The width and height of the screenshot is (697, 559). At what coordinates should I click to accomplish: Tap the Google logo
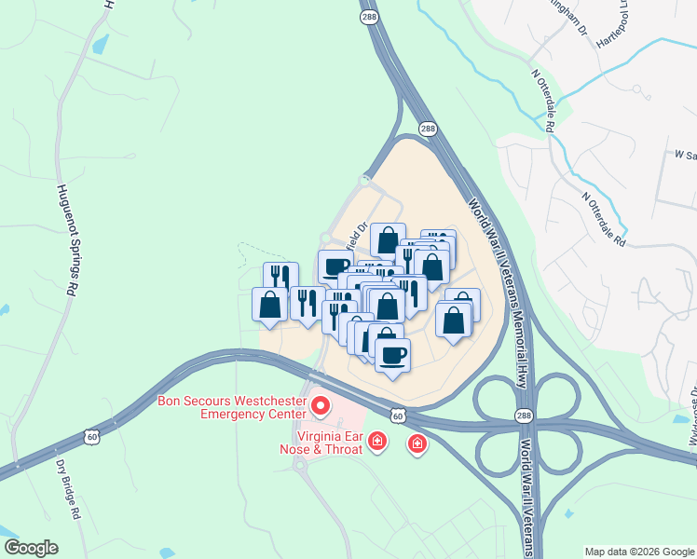pos(31,548)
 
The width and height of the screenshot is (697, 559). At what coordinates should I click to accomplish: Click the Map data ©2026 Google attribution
pos(639,552)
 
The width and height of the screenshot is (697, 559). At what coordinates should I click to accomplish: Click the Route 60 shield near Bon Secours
pos(398,416)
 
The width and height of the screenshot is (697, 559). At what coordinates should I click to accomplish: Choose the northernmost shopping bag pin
pos(388,239)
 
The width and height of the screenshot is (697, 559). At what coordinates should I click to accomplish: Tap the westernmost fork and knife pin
pos(280,277)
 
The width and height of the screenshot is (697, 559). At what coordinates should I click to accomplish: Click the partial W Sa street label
pos(685,156)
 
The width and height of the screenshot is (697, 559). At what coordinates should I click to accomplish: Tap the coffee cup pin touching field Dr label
pos(335,266)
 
